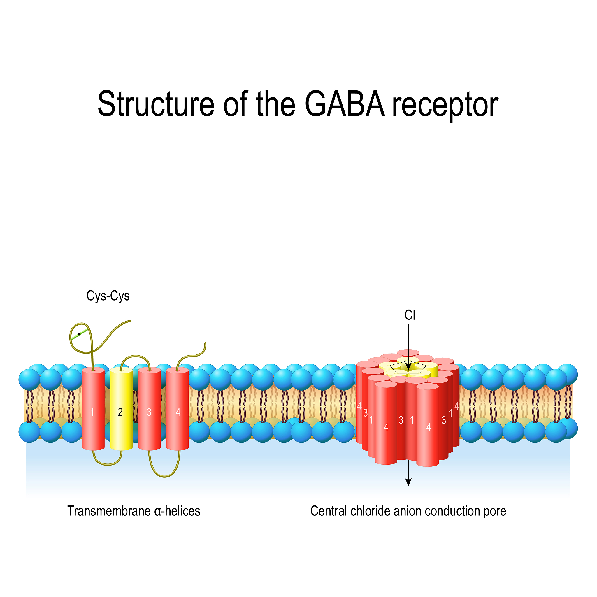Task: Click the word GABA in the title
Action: (x=345, y=104)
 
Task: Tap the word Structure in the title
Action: (x=155, y=104)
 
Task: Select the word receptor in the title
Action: (x=445, y=105)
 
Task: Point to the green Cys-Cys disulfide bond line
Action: (x=79, y=334)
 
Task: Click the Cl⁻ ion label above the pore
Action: (x=411, y=315)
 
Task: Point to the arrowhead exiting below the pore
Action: (x=408, y=482)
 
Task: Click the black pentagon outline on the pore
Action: (x=408, y=368)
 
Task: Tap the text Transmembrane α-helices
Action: (x=134, y=511)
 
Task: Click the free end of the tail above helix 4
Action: (x=205, y=344)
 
